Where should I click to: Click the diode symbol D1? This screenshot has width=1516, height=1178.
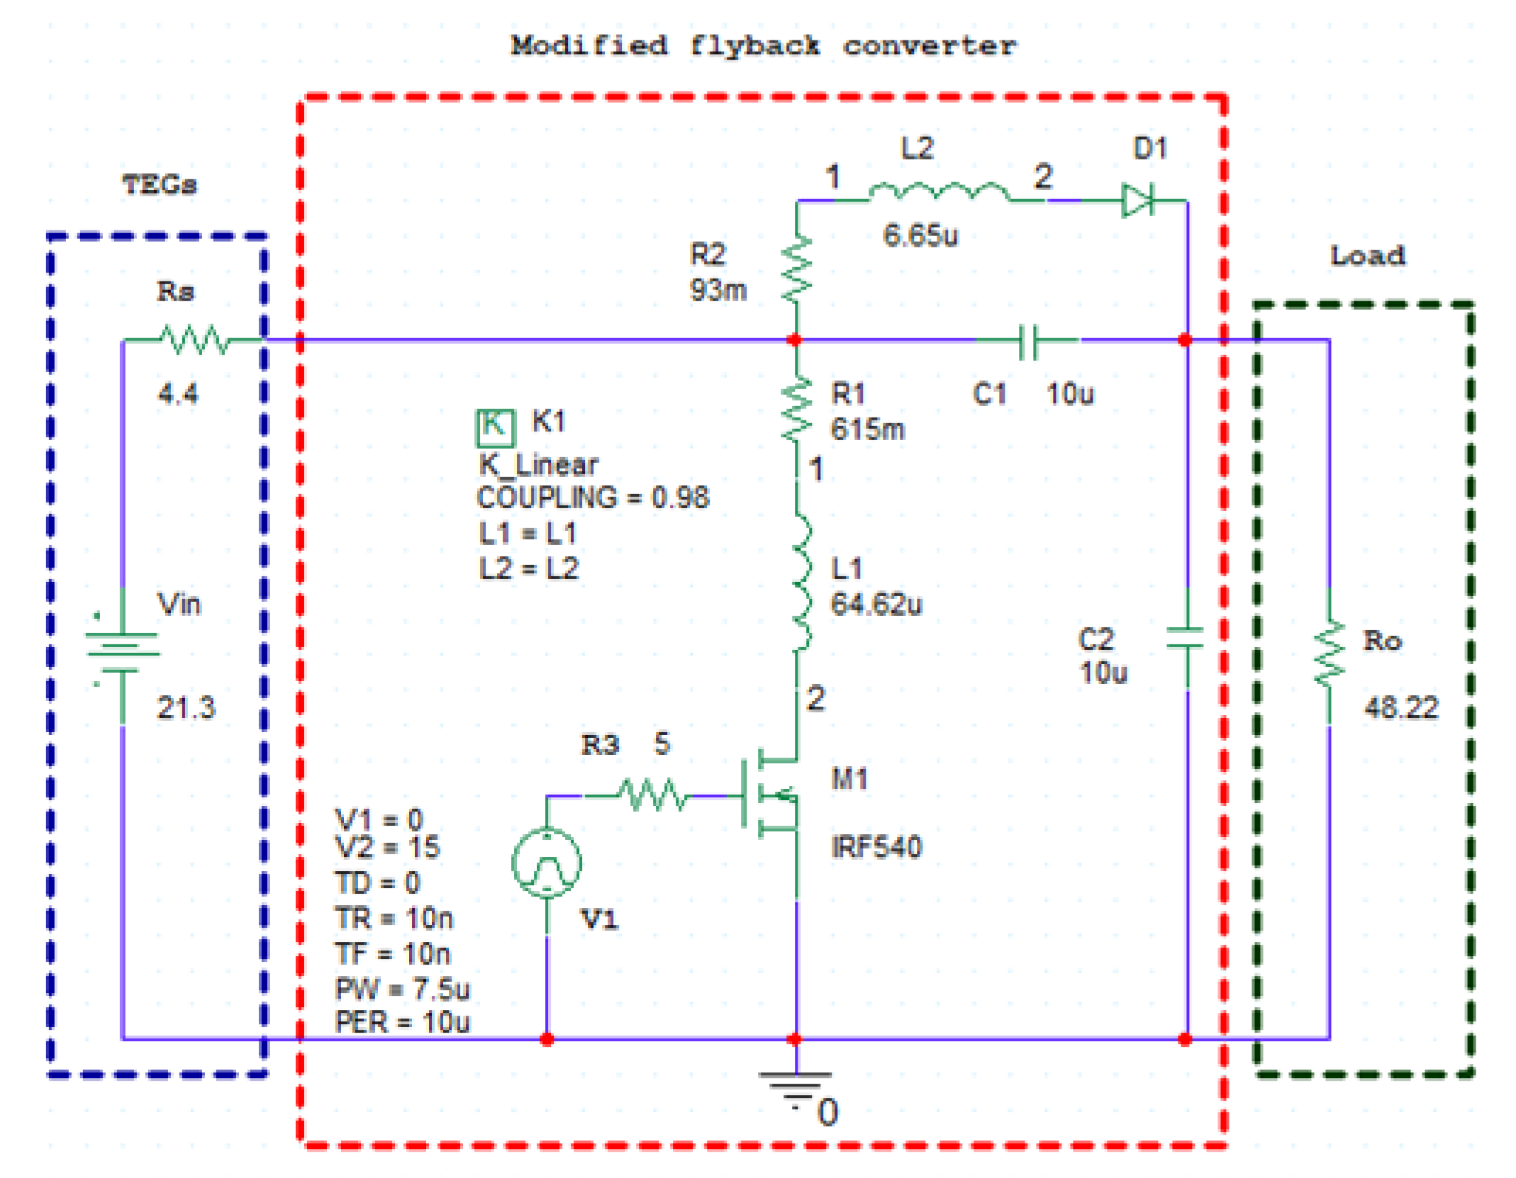tap(1137, 200)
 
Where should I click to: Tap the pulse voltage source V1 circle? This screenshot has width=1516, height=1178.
tap(547, 862)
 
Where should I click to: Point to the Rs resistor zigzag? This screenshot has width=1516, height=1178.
tap(194, 340)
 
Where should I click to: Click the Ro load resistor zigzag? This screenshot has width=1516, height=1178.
tap(1328, 653)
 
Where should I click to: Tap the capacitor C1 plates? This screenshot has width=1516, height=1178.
tap(1027, 341)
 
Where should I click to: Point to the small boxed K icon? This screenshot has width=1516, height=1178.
tap(494, 426)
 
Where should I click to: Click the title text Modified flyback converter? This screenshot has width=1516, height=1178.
tap(763, 46)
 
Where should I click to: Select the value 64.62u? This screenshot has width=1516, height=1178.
tap(876, 604)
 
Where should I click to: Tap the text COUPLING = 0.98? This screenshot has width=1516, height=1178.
tap(593, 498)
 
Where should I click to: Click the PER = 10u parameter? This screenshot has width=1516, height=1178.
tap(402, 1021)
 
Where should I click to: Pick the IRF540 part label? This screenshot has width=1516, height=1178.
tap(876, 847)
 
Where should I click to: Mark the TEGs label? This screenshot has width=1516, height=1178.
tap(160, 185)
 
